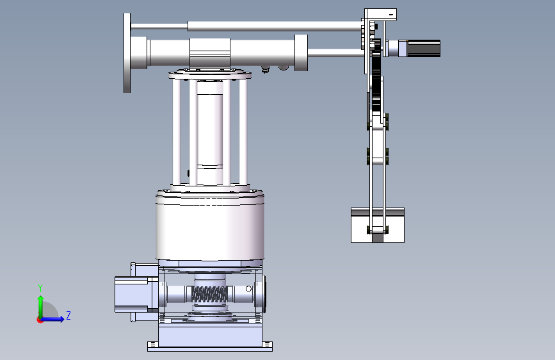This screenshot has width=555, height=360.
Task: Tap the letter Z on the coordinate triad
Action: coord(68,315)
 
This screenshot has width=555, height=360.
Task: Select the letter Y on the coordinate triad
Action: coord(40,288)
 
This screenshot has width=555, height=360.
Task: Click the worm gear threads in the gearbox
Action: coord(209,295)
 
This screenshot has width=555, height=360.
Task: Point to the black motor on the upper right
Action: coord(424,48)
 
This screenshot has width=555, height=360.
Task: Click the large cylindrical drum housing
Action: coord(210,227)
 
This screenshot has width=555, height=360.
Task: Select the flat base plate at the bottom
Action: coord(210,347)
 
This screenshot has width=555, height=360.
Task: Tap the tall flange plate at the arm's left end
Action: coord(127,53)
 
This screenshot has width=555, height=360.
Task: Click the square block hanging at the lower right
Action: coord(378,225)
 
